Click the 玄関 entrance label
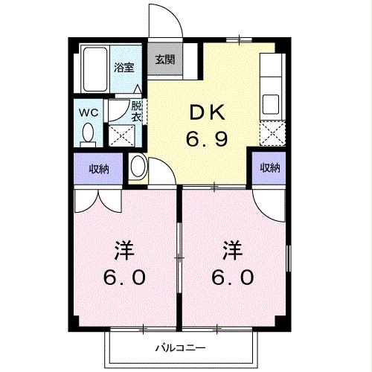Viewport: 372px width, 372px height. click(x=165, y=60)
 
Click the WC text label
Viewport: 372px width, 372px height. click(x=88, y=113)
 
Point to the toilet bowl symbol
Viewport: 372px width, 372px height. click(x=89, y=135)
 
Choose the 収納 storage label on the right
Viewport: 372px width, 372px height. click(x=269, y=167)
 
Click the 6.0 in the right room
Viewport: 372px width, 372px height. click(x=235, y=277)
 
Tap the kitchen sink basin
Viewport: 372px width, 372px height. click(x=269, y=101)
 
